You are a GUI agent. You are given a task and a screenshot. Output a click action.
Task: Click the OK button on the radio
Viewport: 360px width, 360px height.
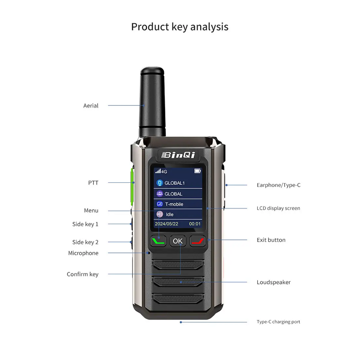pyautogui.click(x=178, y=241)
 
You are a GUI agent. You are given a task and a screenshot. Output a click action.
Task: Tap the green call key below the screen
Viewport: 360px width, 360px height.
pyautogui.click(x=158, y=241)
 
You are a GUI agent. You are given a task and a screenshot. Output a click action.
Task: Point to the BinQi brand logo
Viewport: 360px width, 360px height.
pyautogui.click(x=178, y=155)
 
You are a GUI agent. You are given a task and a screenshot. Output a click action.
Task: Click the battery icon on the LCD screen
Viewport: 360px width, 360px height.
pyautogui.click(x=198, y=171)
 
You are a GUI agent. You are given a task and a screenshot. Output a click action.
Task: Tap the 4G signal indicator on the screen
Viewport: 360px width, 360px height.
pyautogui.click(x=161, y=171)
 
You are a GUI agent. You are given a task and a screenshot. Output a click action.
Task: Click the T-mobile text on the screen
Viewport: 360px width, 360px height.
pyautogui.click(x=174, y=204)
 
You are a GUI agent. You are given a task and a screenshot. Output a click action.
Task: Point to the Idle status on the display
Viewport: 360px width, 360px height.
pyautogui.click(x=169, y=215)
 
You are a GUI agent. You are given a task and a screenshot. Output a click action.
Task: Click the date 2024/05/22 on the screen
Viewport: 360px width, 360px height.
pyautogui.click(x=166, y=224)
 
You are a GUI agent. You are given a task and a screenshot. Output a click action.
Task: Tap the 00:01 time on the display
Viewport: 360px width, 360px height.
pyautogui.click(x=195, y=224)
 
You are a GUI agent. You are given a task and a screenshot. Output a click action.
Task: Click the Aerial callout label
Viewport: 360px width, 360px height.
pyautogui.click(x=91, y=106)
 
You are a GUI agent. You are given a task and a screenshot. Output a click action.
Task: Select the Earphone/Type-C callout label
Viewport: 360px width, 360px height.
pyautogui.click(x=279, y=185)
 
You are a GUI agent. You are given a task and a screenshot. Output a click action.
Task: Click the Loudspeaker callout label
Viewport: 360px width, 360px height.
pyautogui.click(x=274, y=282)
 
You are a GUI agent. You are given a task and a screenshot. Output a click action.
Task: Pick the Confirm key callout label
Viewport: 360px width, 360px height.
pyautogui.click(x=82, y=274)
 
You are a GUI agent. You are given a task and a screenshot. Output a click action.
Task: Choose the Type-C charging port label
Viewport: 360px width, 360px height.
pyautogui.click(x=278, y=322)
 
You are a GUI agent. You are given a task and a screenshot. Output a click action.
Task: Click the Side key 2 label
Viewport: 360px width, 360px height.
pyautogui.click(x=85, y=242)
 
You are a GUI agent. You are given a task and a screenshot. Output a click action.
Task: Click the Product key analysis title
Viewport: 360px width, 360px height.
pyautogui.click(x=180, y=27)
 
